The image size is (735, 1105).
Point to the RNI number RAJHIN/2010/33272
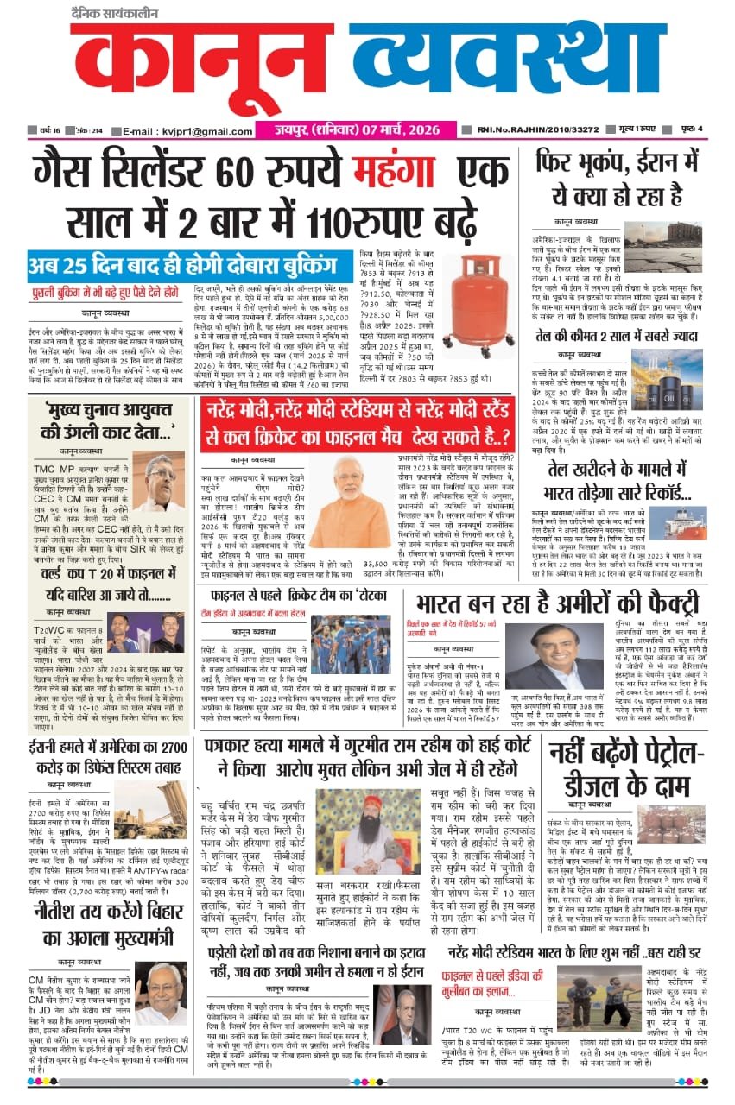click(x=541, y=131)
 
